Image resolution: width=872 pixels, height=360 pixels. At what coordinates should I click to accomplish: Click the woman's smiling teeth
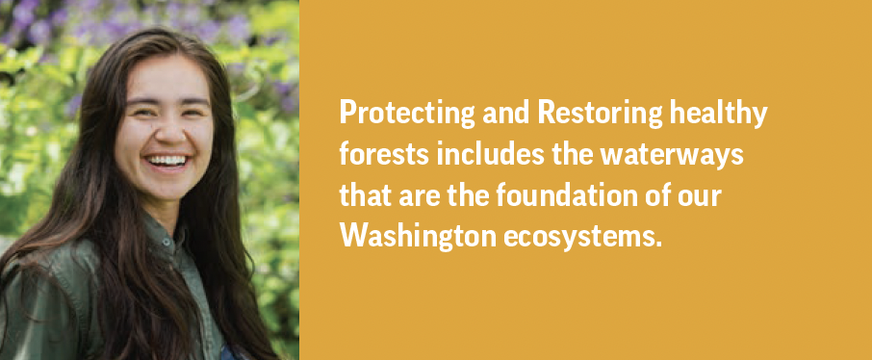tap(167, 160)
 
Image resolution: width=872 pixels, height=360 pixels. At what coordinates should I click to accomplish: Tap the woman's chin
tap(167, 188)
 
